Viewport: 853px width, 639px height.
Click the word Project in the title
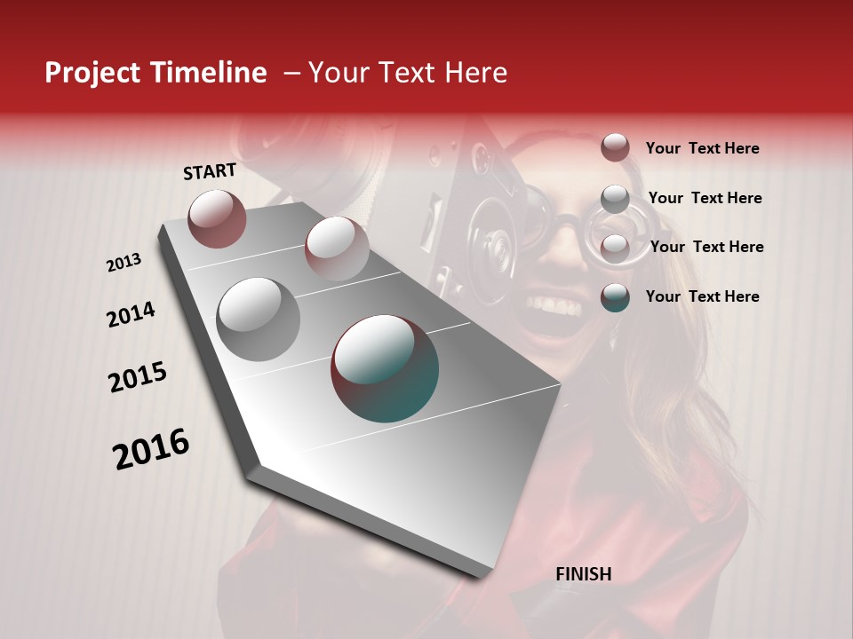pyautogui.click(x=93, y=73)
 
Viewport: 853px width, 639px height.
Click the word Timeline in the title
pyautogui.click(x=210, y=73)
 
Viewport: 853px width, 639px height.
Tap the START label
pyautogui.click(x=210, y=171)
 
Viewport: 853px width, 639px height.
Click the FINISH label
pyautogui.click(x=584, y=574)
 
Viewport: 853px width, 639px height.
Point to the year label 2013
pyautogui.click(x=124, y=263)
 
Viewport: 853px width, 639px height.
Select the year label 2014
pyautogui.click(x=131, y=315)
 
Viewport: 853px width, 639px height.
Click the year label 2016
pyautogui.click(x=151, y=449)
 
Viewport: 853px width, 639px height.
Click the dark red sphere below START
pyautogui.click(x=217, y=218)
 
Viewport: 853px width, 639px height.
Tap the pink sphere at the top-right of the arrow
pyautogui.click(x=337, y=248)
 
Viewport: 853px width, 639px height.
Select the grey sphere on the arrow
pyautogui.click(x=259, y=319)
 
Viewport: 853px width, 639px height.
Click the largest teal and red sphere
pyautogui.click(x=385, y=368)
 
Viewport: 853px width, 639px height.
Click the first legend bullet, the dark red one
pyautogui.click(x=615, y=148)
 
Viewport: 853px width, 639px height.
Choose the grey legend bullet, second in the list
pyautogui.click(x=615, y=199)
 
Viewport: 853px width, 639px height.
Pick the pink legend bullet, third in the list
pyautogui.click(x=615, y=248)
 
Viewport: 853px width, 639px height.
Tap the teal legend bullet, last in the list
pyautogui.click(x=615, y=297)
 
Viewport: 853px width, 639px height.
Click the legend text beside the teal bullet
pyautogui.click(x=702, y=296)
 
